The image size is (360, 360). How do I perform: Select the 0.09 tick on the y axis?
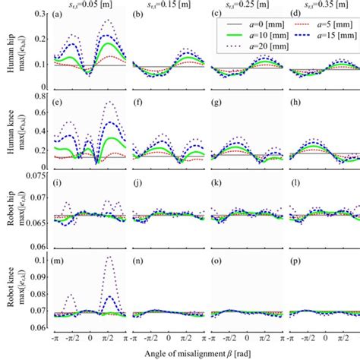click(39, 279)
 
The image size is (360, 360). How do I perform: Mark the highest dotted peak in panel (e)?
click(110, 102)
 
